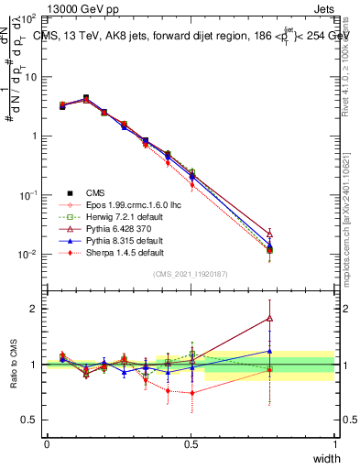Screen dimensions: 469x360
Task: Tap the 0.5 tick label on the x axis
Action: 191,444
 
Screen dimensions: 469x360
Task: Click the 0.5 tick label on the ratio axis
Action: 30,420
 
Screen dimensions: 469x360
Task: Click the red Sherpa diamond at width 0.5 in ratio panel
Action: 191,393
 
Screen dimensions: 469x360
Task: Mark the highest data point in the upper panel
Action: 86,97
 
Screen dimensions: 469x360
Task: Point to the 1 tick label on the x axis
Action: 335,444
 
